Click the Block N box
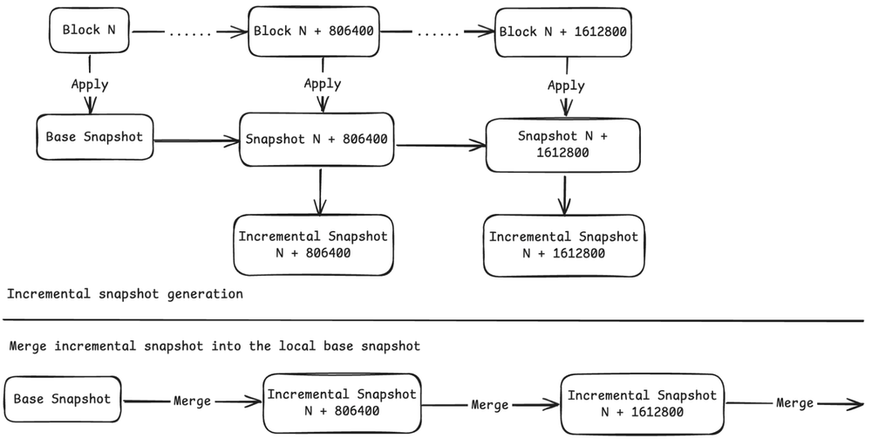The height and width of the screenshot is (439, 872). pyautogui.click(x=89, y=31)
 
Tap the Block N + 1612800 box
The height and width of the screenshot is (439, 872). pyautogui.click(x=562, y=32)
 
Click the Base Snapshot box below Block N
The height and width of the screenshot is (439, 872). pyautogui.click(x=94, y=136)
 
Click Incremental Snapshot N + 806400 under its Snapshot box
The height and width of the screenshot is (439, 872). pyautogui.click(x=312, y=244)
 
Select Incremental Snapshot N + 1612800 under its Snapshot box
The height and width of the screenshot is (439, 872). pyautogui.click(x=563, y=245)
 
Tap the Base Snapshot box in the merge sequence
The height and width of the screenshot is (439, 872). pyautogui.click(x=63, y=399)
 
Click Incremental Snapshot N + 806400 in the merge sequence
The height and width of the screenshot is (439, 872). pyautogui.click(x=341, y=402)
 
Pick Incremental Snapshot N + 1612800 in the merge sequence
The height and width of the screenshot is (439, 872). pyautogui.click(x=641, y=403)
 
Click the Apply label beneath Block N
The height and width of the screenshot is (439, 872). pyautogui.click(x=90, y=85)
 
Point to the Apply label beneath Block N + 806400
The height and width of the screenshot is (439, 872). pyautogui.click(x=322, y=85)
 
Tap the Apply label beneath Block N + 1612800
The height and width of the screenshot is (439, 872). pyautogui.click(x=566, y=86)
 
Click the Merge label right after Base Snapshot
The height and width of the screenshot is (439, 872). pyautogui.click(x=192, y=401)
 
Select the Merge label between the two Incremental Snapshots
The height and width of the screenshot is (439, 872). pyautogui.click(x=489, y=405)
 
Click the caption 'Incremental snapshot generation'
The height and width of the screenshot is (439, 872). pyautogui.click(x=125, y=294)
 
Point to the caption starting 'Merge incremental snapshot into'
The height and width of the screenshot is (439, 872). pyautogui.click(x=215, y=346)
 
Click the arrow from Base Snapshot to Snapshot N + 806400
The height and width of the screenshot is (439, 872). pyautogui.click(x=196, y=138)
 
